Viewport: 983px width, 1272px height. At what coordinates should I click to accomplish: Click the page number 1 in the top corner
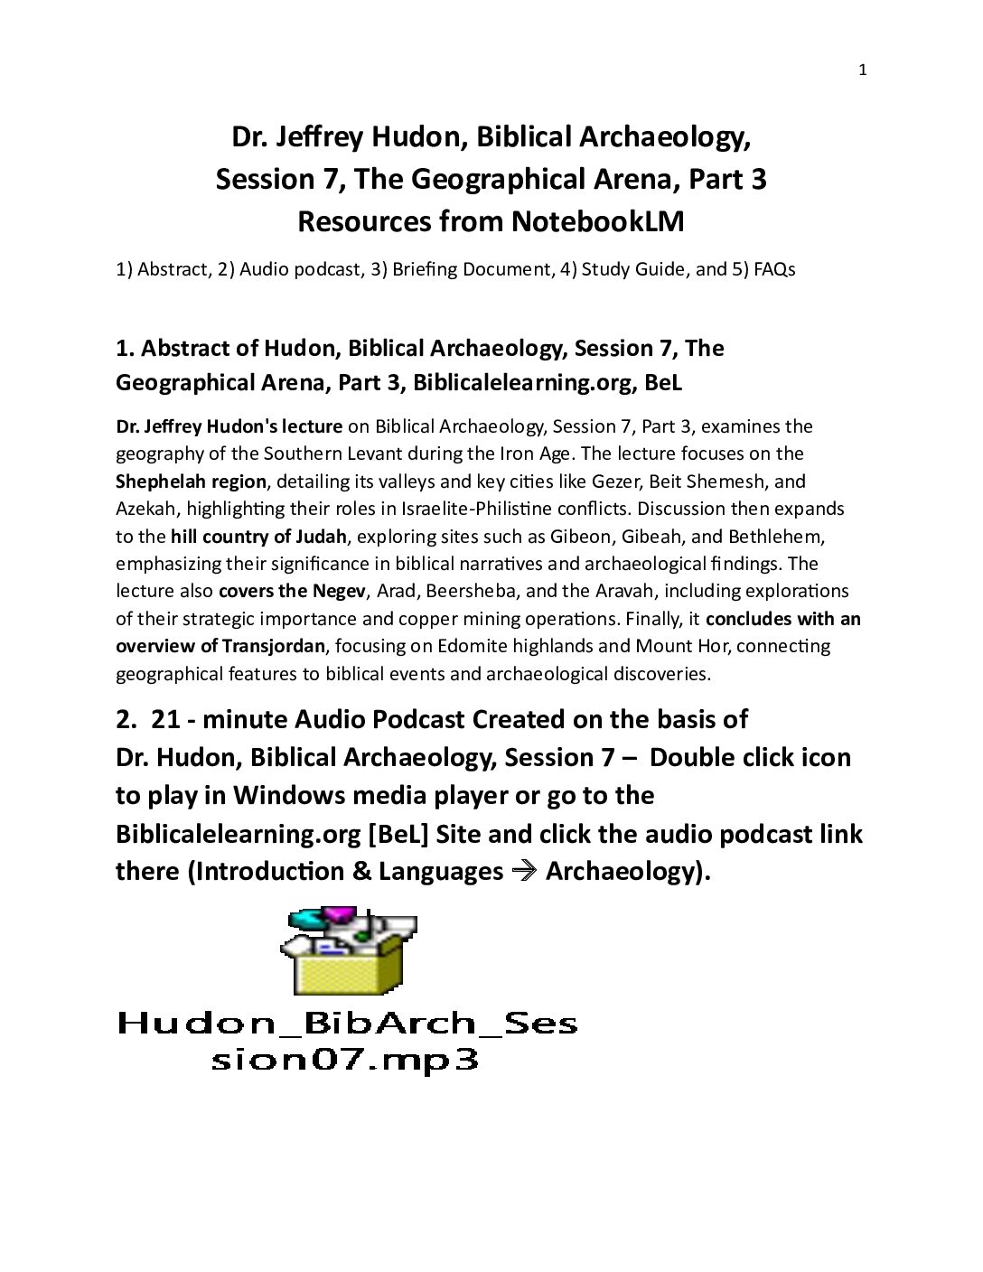(x=862, y=70)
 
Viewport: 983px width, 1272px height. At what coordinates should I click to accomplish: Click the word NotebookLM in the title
(x=597, y=221)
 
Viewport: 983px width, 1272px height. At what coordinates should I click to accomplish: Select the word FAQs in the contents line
(x=775, y=269)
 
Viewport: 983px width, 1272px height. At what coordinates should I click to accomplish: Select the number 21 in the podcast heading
(x=164, y=719)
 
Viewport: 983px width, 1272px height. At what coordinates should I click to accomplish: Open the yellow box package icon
(x=349, y=952)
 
